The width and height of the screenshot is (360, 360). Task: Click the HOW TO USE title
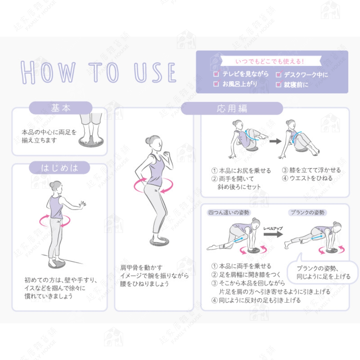pyautogui.click(x=98, y=72)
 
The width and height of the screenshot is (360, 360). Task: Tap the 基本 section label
pyautogui.click(x=61, y=108)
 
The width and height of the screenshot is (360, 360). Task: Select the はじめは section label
pyautogui.click(x=59, y=168)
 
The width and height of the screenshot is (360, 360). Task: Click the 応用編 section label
pyautogui.click(x=232, y=108)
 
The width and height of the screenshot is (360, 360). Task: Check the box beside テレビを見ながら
pyautogui.click(x=216, y=74)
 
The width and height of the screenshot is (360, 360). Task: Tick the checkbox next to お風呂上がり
pyautogui.click(x=216, y=84)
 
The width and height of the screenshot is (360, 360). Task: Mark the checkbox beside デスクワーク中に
pyautogui.click(x=279, y=74)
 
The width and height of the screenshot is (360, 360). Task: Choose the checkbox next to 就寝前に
pyautogui.click(x=279, y=84)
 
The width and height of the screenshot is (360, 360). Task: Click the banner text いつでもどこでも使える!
pyautogui.click(x=270, y=62)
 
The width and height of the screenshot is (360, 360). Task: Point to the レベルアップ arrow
pyautogui.click(x=273, y=234)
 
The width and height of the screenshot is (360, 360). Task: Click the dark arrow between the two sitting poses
pyautogui.click(x=276, y=141)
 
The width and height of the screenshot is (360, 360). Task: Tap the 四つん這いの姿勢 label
pyautogui.click(x=228, y=213)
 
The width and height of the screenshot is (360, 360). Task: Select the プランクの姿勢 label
pyautogui.click(x=307, y=213)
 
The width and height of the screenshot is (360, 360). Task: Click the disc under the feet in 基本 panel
pyautogui.click(x=91, y=142)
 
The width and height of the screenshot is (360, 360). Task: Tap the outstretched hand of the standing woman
pyautogui.click(x=83, y=204)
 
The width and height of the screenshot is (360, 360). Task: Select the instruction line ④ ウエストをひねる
pyautogui.click(x=307, y=178)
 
